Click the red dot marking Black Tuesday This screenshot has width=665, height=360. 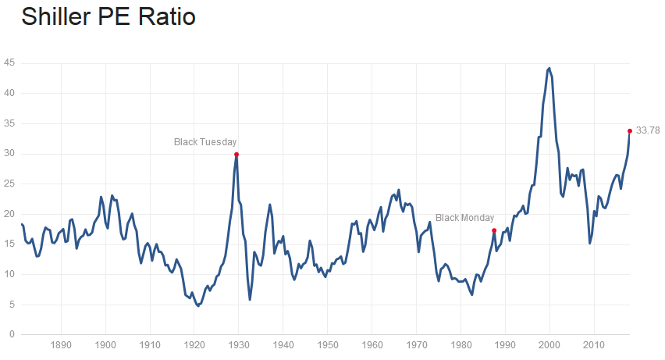tap(236, 154)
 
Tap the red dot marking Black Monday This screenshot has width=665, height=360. tap(494, 230)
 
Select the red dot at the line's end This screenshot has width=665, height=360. tap(630, 130)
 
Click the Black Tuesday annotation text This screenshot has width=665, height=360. tap(204, 141)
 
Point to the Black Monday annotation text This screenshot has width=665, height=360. tap(464, 218)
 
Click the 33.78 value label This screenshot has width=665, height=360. tap(649, 130)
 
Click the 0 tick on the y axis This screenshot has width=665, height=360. tap(10, 335)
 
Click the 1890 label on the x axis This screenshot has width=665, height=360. tap(61, 344)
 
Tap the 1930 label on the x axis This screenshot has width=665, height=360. tap(239, 344)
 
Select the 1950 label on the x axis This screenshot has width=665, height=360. tap(328, 344)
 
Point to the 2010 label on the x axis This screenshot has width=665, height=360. tap(595, 344)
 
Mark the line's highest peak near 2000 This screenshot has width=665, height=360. tap(549, 68)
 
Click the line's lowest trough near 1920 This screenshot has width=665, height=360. tap(198, 305)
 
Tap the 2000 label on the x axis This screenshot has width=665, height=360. tap(550, 344)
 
